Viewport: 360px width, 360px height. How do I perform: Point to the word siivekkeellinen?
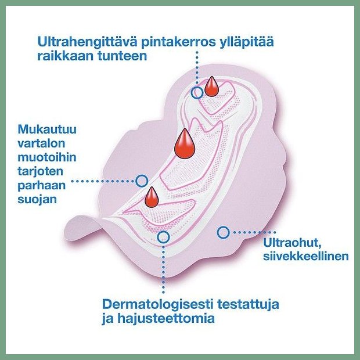tap(305, 256)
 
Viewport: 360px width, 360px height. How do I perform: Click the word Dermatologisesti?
tap(161, 304)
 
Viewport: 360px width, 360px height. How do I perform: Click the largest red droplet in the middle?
tap(185, 143)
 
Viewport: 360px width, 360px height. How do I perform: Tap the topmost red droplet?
tap(212, 86)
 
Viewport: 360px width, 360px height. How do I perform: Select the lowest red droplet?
tap(152, 197)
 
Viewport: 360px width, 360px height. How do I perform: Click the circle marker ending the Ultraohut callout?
tap(222, 232)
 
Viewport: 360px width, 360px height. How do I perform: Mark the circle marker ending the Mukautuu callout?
tap(141, 181)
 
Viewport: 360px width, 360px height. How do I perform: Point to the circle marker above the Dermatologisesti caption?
tap(164, 237)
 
